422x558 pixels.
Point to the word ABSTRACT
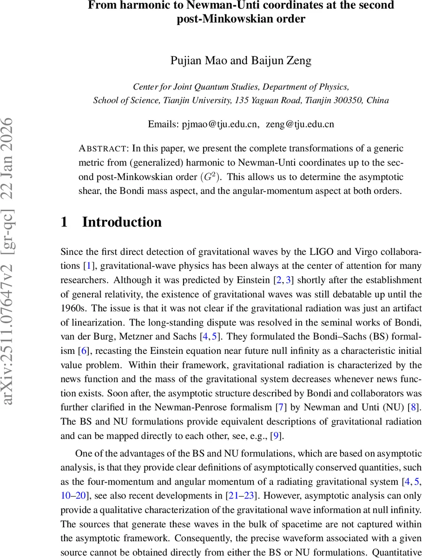[104, 149]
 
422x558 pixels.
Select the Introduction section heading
[122, 222]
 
